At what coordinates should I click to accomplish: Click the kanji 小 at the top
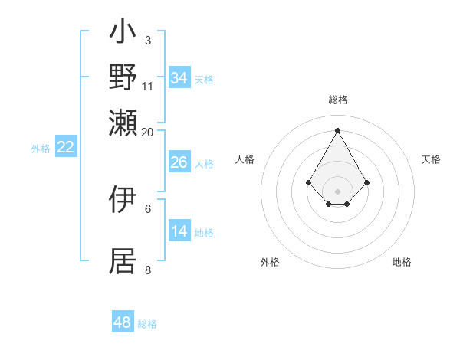pyautogui.click(x=123, y=34)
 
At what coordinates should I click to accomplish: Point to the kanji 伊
pyautogui.click(x=123, y=199)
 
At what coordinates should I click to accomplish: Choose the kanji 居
pyautogui.click(x=123, y=260)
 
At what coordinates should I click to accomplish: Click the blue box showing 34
pyautogui.click(x=179, y=78)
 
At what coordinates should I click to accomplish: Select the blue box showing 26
pyautogui.click(x=179, y=162)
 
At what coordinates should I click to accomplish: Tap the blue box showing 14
pyautogui.click(x=179, y=232)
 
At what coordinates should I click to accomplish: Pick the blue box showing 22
pyautogui.click(x=65, y=148)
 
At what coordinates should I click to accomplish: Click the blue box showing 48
pyautogui.click(x=123, y=322)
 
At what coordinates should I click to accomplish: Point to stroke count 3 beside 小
pyautogui.click(x=147, y=40)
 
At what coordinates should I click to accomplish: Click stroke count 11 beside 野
pyautogui.click(x=148, y=86)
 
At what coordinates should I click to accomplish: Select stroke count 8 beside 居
pyautogui.click(x=148, y=270)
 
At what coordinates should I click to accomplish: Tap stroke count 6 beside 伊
pyautogui.click(x=148, y=208)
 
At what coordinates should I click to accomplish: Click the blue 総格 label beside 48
pyautogui.click(x=147, y=324)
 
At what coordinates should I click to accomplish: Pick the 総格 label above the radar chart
pyautogui.click(x=337, y=100)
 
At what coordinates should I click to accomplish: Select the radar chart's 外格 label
pyautogui.click(x=270, y=262)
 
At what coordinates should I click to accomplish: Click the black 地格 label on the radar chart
pyautogui.click(x=402, y=262)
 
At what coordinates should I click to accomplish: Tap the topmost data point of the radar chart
pyautogui.click(x=337, y=129)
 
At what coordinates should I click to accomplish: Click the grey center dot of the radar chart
pyautogui.click(x=337, y=191)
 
